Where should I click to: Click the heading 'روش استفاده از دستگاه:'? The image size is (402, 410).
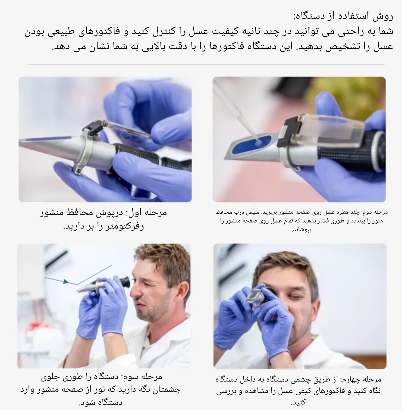pyautogui.click(x=343, y=16)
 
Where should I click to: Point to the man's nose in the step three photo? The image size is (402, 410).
pyautogui.click(x=134, y=291)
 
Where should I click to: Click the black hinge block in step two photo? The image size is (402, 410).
pyautogui.click(x=290, y=130)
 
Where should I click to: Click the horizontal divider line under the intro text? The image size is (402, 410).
pyautogui.click(x=206, y=64)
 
